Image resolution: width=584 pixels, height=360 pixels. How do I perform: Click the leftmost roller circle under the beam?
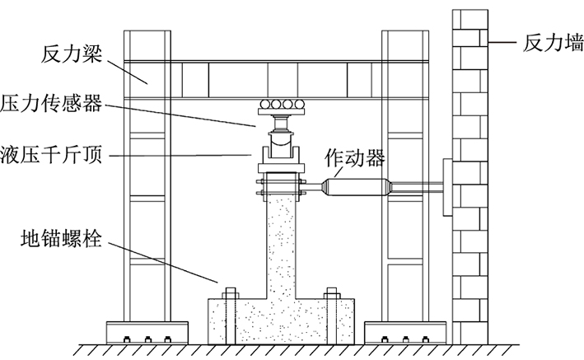coord(266,104)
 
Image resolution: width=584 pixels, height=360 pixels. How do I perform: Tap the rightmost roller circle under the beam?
coord(297,104)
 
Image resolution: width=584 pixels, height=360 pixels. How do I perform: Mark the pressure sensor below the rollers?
coord(281,126)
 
